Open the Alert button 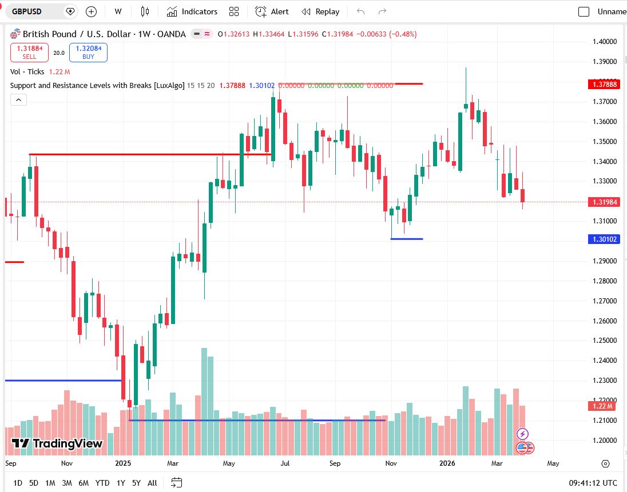point(272,11)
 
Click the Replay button point(320,11)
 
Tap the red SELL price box point(29,53)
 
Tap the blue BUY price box point(88,53)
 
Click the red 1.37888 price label point(604,85)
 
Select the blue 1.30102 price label point(604,239)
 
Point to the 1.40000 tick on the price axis point(605,42)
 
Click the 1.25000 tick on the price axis point(605,341)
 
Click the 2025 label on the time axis point(123,463)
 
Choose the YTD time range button point(102,483)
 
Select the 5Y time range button point(136,483)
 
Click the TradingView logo point(57,443)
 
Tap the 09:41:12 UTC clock point(593,483)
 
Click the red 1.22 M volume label point(604,406)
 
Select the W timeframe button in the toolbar point(118,11)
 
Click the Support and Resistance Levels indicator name point(97,86)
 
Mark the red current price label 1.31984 point(604,202)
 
